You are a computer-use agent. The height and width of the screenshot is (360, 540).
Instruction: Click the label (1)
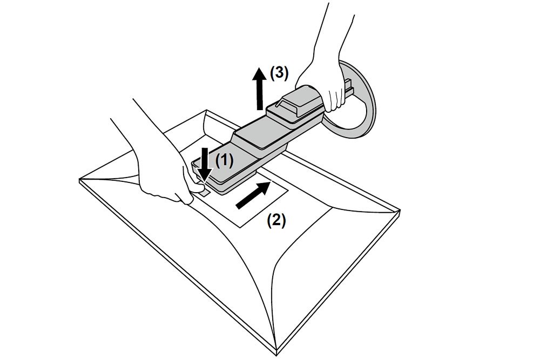click(x=224, y=160)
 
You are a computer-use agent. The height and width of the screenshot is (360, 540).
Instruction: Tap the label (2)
click(x=276, y=220)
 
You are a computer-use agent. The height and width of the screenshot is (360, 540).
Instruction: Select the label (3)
click(x=279, y=73)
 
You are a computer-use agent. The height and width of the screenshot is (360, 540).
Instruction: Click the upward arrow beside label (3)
click(x=260, y=89)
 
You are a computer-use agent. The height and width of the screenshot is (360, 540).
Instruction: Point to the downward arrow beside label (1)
click(x=205, y=165)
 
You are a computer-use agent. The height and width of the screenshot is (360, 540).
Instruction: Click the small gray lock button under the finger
click(x=204, y=192)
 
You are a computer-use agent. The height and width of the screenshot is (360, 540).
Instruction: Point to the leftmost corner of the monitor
click(x=79, y=180)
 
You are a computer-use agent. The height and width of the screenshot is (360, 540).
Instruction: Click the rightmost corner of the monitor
click(x=400, y=210)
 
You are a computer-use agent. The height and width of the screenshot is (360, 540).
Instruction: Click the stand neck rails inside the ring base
click(x=348, y=88)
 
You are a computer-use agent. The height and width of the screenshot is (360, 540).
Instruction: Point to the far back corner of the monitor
click(x=206, y=111)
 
